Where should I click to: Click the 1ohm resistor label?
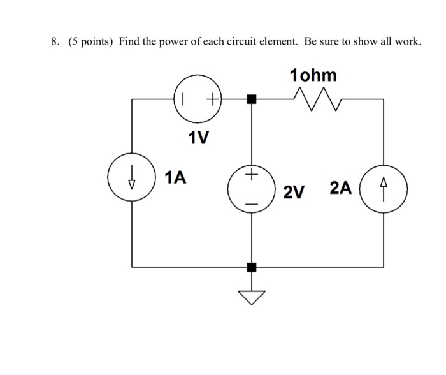(313, 75)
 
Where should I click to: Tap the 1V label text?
(199, 138)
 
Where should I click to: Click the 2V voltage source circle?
(252, 188)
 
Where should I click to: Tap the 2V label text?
(294, 192)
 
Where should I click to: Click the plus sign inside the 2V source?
(252, 174)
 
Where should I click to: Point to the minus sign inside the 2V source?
(252, 203)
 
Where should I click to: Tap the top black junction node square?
(252, 99)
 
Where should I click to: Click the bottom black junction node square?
(252, 267)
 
